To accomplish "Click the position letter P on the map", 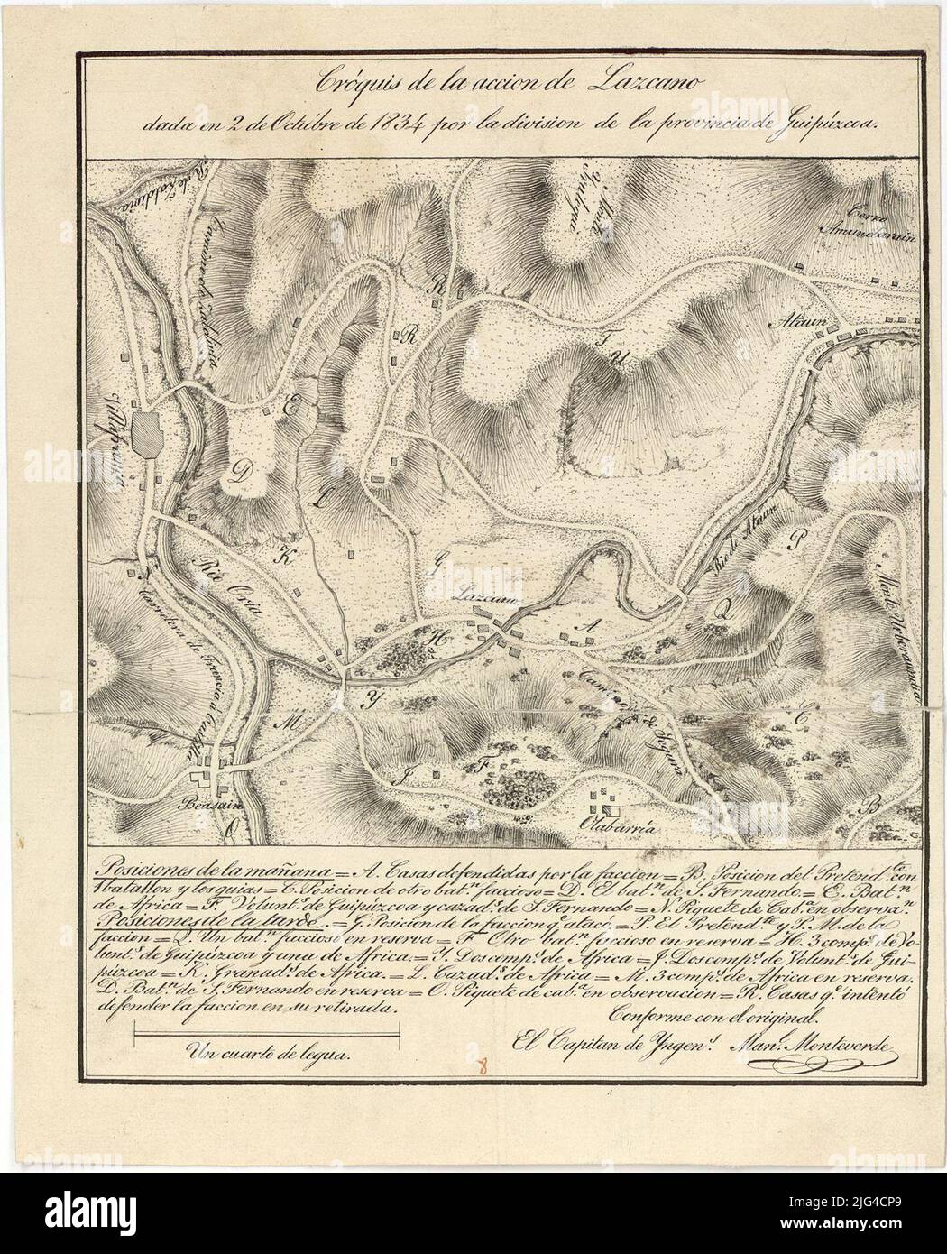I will (x=795, y=540).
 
